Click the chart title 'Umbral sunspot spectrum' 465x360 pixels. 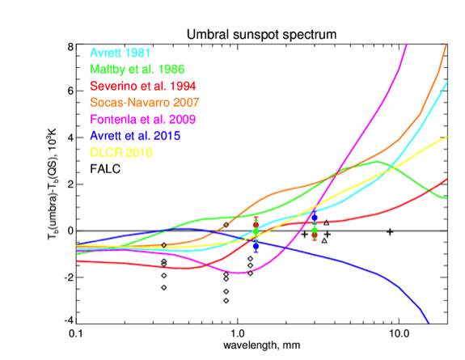[261, 35]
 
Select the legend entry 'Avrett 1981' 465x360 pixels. [120, 53]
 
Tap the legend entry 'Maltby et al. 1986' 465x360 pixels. [137, 70]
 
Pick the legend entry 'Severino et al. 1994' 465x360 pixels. [143, 86]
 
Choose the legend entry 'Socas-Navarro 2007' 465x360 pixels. [145, 103]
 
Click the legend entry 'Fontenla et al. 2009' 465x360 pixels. [143, 119]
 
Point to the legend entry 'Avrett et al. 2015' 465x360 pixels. [135, 136]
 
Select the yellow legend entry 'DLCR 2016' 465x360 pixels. [121, 153]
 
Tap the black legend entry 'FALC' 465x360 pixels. [105, 169]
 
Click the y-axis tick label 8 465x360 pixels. [70, 47]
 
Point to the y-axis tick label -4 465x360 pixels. [69, 320]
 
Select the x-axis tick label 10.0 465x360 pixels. [399, 334]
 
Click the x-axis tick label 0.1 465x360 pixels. [76, 334]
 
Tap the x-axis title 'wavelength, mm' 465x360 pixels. [261, 345]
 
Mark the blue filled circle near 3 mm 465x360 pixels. [315, 218]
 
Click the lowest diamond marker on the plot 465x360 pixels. [226, 301]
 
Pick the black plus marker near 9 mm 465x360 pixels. [390, 232]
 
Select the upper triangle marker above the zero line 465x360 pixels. [326, 222]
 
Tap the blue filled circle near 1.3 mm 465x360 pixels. [256, 246]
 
